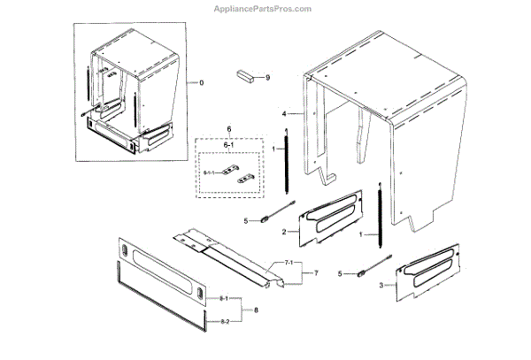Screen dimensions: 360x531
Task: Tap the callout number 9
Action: point(267,77)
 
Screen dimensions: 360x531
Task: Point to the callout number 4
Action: point(284,115)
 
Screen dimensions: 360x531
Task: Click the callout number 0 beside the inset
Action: point(201,82)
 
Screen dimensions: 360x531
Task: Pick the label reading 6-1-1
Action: point(209,172)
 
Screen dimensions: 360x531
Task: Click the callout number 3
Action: point(381,285)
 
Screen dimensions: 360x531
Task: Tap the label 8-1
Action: point(224,301)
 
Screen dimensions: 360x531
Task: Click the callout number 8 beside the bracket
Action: point(257,310)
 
